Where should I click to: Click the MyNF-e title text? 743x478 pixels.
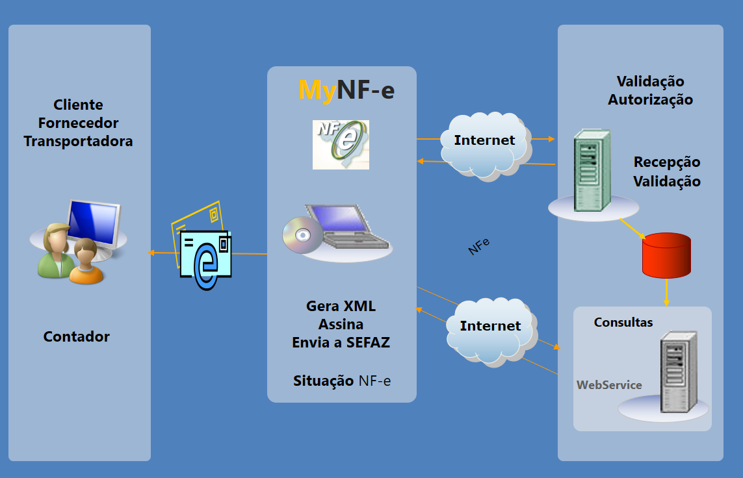pyautogui.click(x=346, y=90)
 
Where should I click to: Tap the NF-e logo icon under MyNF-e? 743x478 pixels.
pyautogui.click(x=341, y=144)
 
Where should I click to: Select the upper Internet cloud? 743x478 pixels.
pyautogui.click(x=484, y=144)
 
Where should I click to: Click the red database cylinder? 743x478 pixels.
pyautogui.click(x=666, y=253)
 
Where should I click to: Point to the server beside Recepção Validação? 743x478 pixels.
pyautogui.click(x=593, y=170)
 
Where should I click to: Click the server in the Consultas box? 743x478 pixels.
pyautogui.click(x=678, y=372)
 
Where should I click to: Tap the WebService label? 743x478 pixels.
pyautogui.click(x=609, y=385)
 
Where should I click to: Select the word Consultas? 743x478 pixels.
pyautogui.click(x=623, y=322)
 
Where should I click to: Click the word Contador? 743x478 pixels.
pyautogui.click(x=77, y=336)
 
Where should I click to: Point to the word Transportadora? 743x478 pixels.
pyautogui.click(x=78, y=141)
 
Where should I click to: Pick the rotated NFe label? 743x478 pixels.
pyautogui.click(x=479, y=246)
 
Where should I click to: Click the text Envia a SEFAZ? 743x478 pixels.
pyautogui.click(x=341, y=342)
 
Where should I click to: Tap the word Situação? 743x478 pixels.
pyautogui.click(x=323, y=381)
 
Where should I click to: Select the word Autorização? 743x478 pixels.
pyautogui.click(x=650, y=99)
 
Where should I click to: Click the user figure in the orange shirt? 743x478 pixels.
pyautogui.click(x=86, y=262)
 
